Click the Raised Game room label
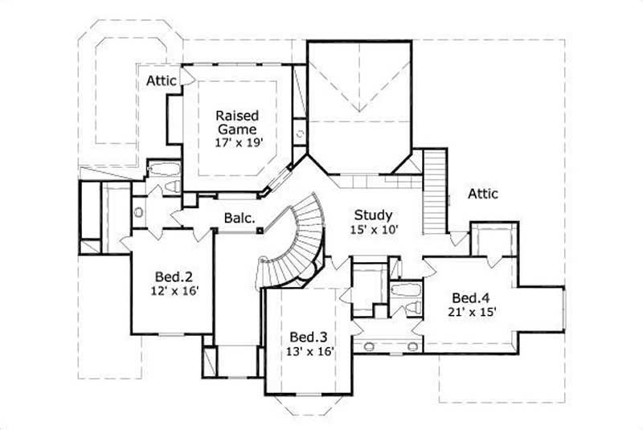coord(235,122)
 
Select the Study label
coord(374,215)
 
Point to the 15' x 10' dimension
coord(374,229)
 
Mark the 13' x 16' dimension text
coord(309,350)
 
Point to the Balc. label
coord(240,218)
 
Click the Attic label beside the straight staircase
coord(482,194)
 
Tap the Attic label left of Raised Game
coord(162,80)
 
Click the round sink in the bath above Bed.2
coord(138,213)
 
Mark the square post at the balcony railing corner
coord(260,230)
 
